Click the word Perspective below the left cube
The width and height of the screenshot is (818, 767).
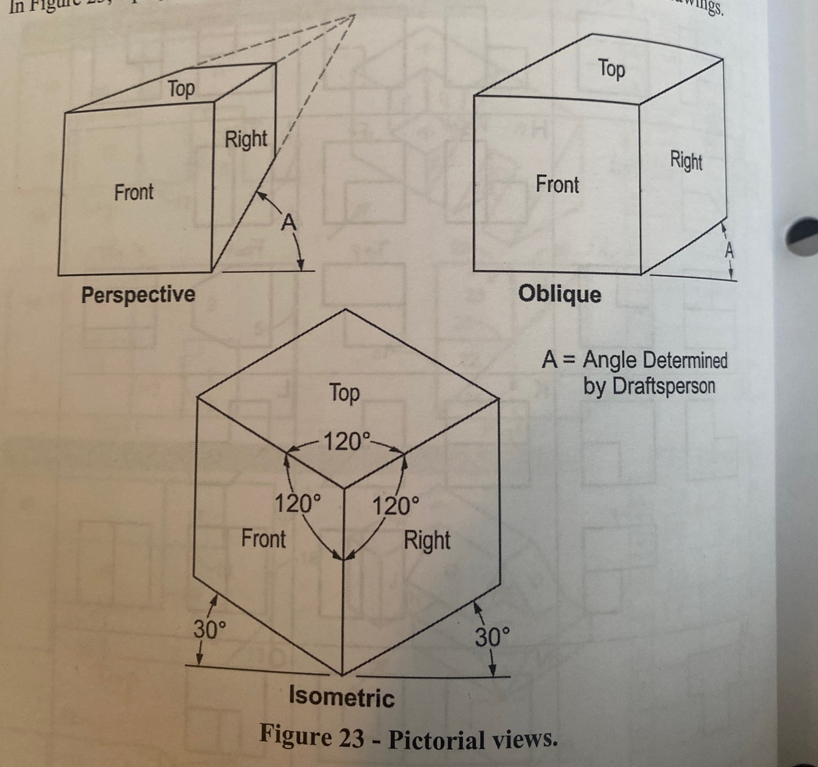(138, 295)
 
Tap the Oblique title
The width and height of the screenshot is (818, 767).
(559, 294)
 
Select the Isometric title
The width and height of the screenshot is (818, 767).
(342, 698)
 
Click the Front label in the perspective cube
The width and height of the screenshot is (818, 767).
(134, 193)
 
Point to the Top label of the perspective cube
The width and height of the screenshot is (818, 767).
(182, 89)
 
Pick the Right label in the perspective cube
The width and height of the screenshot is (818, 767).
(246, 139)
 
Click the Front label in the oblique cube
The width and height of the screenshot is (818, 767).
(557, 184)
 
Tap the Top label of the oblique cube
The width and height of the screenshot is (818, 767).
(611, 68)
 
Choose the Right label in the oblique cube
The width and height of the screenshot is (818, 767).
(686, 161)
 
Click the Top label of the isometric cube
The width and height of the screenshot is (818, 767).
(344, 393)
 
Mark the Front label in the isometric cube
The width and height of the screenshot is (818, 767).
(263, 538)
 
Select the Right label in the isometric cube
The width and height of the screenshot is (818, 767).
(427, 540)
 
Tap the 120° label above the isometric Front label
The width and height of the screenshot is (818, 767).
(297, 504)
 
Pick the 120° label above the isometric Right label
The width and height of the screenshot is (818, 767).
(396, 506)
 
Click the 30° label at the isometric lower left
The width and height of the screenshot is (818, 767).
(210, 630)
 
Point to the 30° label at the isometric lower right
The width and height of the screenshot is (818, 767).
(492, 638)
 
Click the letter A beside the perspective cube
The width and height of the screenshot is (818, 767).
(288, 223)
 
